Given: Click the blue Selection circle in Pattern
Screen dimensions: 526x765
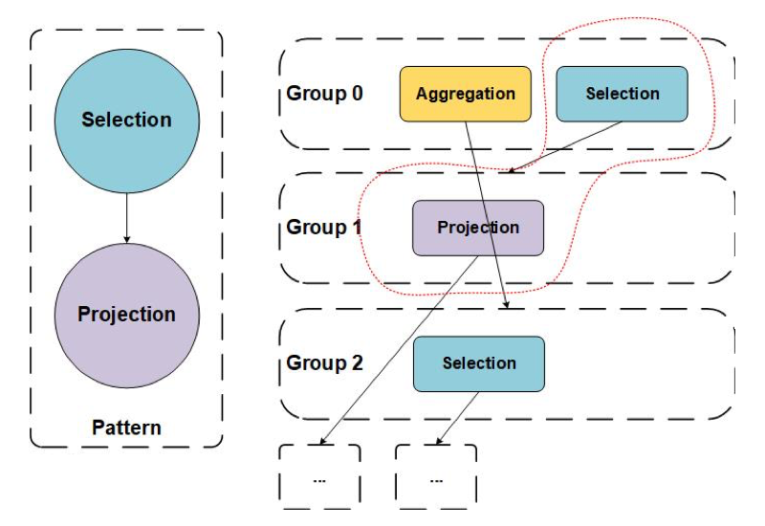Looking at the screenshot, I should click(x=126, y=120).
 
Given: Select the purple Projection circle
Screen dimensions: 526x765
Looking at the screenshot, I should click(x=126, y=314).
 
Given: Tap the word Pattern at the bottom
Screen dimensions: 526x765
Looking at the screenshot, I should click(x=126, y=427).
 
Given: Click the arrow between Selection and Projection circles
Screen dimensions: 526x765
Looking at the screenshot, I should click(x=126, y=216).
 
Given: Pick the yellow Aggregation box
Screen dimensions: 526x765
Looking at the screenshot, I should click(x=465, y=94).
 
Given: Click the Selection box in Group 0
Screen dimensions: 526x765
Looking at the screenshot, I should click(x=622, y=94).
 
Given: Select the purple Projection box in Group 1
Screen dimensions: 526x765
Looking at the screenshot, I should click(x=478, y=228).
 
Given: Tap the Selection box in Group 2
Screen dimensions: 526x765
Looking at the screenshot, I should click(x=478, y=363).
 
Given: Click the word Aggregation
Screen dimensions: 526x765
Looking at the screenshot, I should click(x=465, y=94).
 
